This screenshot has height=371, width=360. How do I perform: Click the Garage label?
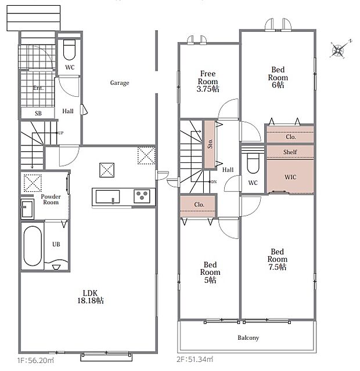[x=120, y=83]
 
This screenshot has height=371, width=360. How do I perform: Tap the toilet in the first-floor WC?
[x=69, y=50]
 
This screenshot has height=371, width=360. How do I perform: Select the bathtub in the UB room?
[x=33, y=246]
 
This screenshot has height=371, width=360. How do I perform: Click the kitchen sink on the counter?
[x=107, y=197]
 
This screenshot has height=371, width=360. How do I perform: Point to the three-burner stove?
[x=142, y=196]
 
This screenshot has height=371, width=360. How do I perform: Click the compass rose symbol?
[x=339, y=50]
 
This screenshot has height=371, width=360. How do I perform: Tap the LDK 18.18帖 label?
[x=91, y=297]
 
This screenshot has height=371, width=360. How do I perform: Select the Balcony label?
[x=248, y=337]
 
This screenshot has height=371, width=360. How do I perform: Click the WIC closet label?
[x=290, y=177]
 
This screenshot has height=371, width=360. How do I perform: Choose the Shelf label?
[x=290, y=152]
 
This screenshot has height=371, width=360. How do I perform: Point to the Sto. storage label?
[x=210, y=144]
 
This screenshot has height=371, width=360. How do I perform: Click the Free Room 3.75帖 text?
[x=208, y=81]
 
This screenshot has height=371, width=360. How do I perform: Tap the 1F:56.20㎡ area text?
[x=35, y=361]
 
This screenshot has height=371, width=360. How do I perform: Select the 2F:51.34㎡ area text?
[x=195, y=359]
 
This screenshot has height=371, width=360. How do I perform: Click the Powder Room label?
[x=51, y=199]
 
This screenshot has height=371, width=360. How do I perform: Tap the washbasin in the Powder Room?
[x=27, y=209]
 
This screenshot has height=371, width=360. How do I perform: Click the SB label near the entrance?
[x=38, y=114]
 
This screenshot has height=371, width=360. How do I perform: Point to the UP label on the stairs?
[x=60, y=133]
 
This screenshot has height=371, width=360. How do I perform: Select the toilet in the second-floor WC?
[x=253, y=163]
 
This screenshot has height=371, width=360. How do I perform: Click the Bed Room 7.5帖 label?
[x=278, y=259]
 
